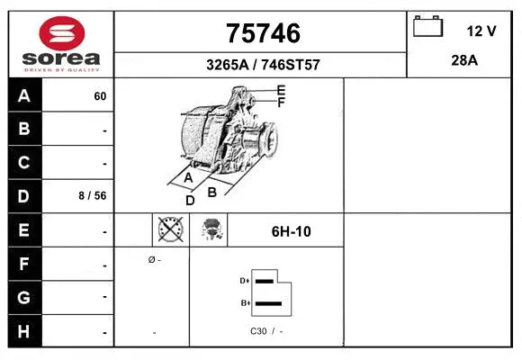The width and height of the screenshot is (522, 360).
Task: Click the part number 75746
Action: coord(261,33)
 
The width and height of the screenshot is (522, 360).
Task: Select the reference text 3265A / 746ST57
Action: coord(261,66)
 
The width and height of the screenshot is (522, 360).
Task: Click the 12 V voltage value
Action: coord(481,31)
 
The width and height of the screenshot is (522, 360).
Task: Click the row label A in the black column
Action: coord(24,96)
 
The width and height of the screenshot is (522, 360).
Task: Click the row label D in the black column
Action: coord(24,196)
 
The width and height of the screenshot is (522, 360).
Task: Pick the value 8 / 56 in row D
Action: coord(94,196)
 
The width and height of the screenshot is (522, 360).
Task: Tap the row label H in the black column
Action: coord(24,330)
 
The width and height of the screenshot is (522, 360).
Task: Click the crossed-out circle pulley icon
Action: coord(170,230)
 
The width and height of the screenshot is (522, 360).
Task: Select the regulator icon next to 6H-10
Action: coord(212,230)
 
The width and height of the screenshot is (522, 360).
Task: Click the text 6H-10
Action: coord(291,231)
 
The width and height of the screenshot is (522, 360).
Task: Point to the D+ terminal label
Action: coord(244,281)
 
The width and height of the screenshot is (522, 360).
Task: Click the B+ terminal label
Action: coord(244,303)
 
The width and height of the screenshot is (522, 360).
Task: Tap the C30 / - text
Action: coord(266,331)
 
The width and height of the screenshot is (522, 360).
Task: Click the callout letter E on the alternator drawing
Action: coord(281,90)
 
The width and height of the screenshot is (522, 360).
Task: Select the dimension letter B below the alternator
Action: coord(212,192)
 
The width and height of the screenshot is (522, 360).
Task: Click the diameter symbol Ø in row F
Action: coord(152,259)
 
